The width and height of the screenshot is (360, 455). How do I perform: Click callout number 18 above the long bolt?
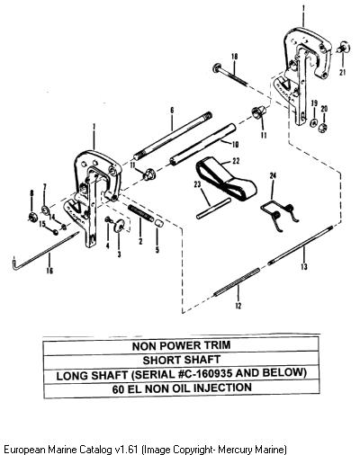235,57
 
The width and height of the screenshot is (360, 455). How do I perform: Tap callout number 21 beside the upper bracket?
343,72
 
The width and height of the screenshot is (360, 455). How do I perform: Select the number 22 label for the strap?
236,161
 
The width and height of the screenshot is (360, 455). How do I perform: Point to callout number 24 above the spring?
273,176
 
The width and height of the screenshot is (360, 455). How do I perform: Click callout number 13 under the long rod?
304,266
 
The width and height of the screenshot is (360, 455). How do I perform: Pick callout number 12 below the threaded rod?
238,306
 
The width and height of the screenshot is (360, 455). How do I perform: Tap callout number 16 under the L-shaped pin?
49,271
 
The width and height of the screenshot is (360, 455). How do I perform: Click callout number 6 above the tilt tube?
172,111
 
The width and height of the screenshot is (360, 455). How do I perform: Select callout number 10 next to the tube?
235,145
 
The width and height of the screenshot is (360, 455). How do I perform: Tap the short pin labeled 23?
213,208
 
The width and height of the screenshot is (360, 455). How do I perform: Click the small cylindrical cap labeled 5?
158,223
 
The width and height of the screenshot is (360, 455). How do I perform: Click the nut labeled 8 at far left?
31,217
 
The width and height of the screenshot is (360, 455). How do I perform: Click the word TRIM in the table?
217,345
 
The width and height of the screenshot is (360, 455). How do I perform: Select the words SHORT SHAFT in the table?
182,360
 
